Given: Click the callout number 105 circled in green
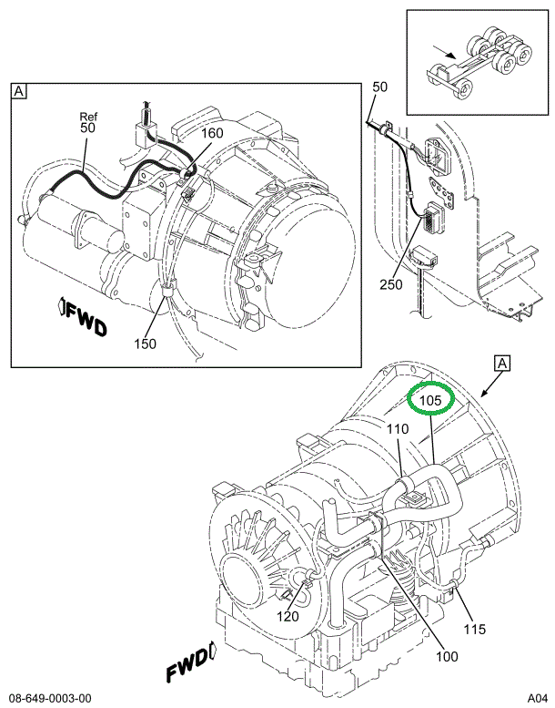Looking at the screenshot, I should [430, 399].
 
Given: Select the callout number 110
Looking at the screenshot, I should [398, 429].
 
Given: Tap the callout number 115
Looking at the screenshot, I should [476, 629].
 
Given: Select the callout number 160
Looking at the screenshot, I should [210, 134].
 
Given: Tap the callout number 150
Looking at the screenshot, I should [146, 344].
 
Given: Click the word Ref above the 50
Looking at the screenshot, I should [88, 117].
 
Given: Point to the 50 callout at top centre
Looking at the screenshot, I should [379, 87].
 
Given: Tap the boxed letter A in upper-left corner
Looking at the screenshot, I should [18, 91].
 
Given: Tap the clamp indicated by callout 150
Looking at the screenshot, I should [166, 291].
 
